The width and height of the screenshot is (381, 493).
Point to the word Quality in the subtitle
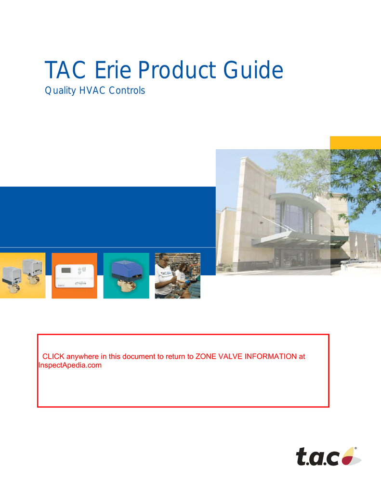click(60, 91)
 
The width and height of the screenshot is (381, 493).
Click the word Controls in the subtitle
click(127, 91)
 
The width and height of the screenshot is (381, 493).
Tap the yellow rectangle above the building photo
click(355, 143)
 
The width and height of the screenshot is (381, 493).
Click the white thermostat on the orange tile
click(75, 276)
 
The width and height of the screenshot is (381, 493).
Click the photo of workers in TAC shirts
click(178, 275)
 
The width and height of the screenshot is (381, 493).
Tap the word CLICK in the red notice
click(53, 357)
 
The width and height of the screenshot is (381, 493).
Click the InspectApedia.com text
click(70, 365)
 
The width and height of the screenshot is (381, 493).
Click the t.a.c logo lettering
click(317, 456)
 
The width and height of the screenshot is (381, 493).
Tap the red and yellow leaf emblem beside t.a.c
click(349, 456)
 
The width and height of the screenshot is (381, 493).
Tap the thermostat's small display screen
click(66, 270)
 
